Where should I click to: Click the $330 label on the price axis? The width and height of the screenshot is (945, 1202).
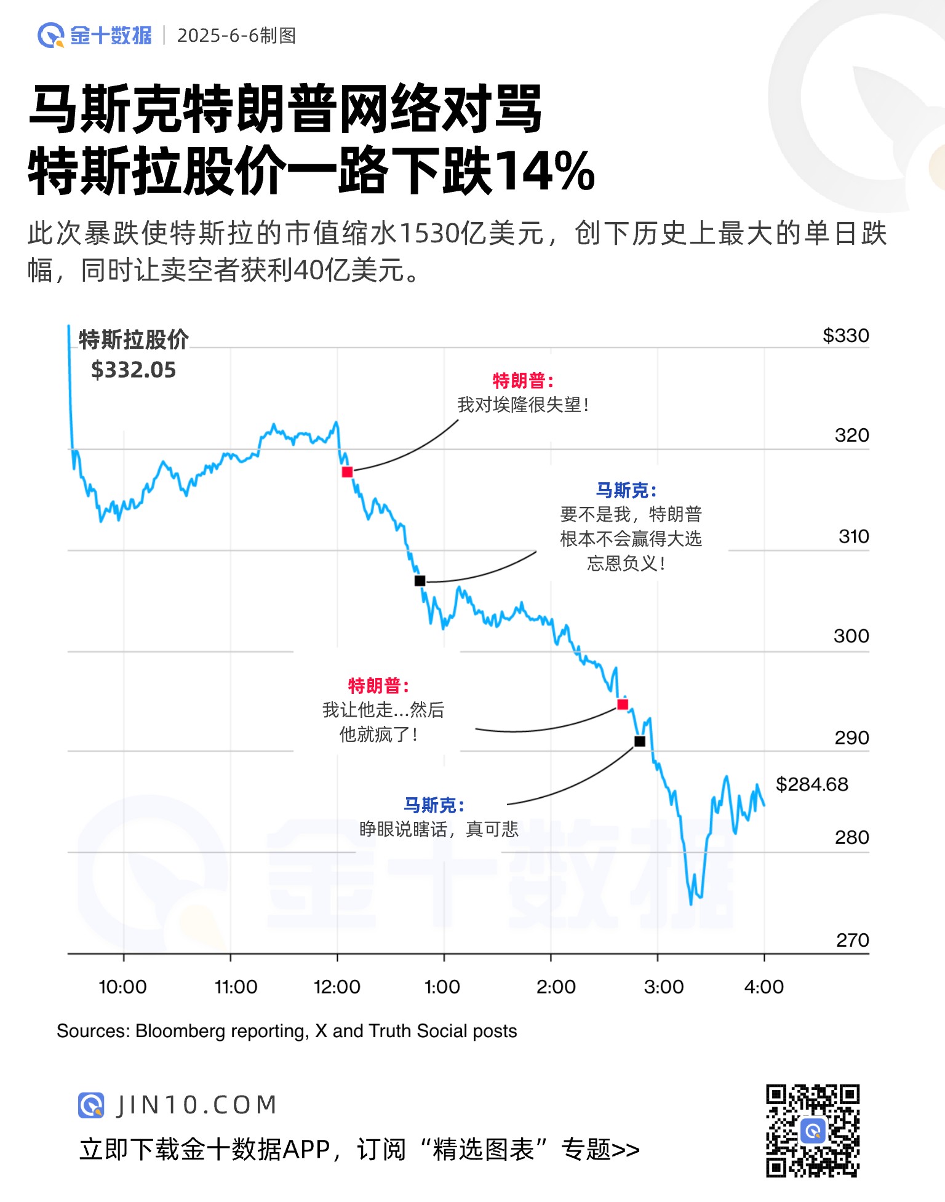pyautogui.click(x=845, y=336)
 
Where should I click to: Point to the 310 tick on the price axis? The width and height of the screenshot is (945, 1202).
pyautogui.click(x=853, y=536)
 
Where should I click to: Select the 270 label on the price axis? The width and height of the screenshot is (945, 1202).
pyautogui.click(x=852, y=940)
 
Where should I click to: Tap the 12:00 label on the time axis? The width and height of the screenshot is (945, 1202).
pyautogui.click(x=337, y=987)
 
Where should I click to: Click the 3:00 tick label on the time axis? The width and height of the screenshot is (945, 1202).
pyautogui.click(x=663, y=987)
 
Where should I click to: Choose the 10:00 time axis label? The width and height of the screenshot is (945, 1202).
pyautogui.click(x=122, y=987)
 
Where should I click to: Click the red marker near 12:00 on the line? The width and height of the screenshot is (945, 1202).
pyautogui.click(x=347, y=472)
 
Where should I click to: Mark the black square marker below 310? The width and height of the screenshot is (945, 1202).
pyautogui.click(x=420, y=581)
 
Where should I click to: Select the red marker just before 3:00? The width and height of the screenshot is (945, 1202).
pyautogui.click(x=623, y=704)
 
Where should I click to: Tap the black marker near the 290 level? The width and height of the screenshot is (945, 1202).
pyautogui.click(x=640, y=741)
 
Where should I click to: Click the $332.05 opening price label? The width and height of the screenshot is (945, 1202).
pyautogui.click(x=134, y=370)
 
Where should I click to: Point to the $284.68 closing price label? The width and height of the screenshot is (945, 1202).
pyautogui.click(x=811, y=784)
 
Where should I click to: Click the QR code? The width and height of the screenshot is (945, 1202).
pyautogui.click(x=812, y=1131)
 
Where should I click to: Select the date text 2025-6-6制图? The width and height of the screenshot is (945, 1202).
pyautogui.click(x=236, y=36)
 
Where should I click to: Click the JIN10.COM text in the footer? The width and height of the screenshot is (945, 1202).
pyautogui.click(x=197, y=1105)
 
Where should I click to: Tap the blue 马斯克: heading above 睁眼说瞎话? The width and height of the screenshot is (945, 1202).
pyautogui.click(x=434, y=805)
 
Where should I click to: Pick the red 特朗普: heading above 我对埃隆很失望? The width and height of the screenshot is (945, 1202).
pyautogui.click(x=523, y=381)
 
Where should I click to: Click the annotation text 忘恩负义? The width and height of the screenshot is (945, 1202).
pyautogui.click(x=626, y=563)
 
